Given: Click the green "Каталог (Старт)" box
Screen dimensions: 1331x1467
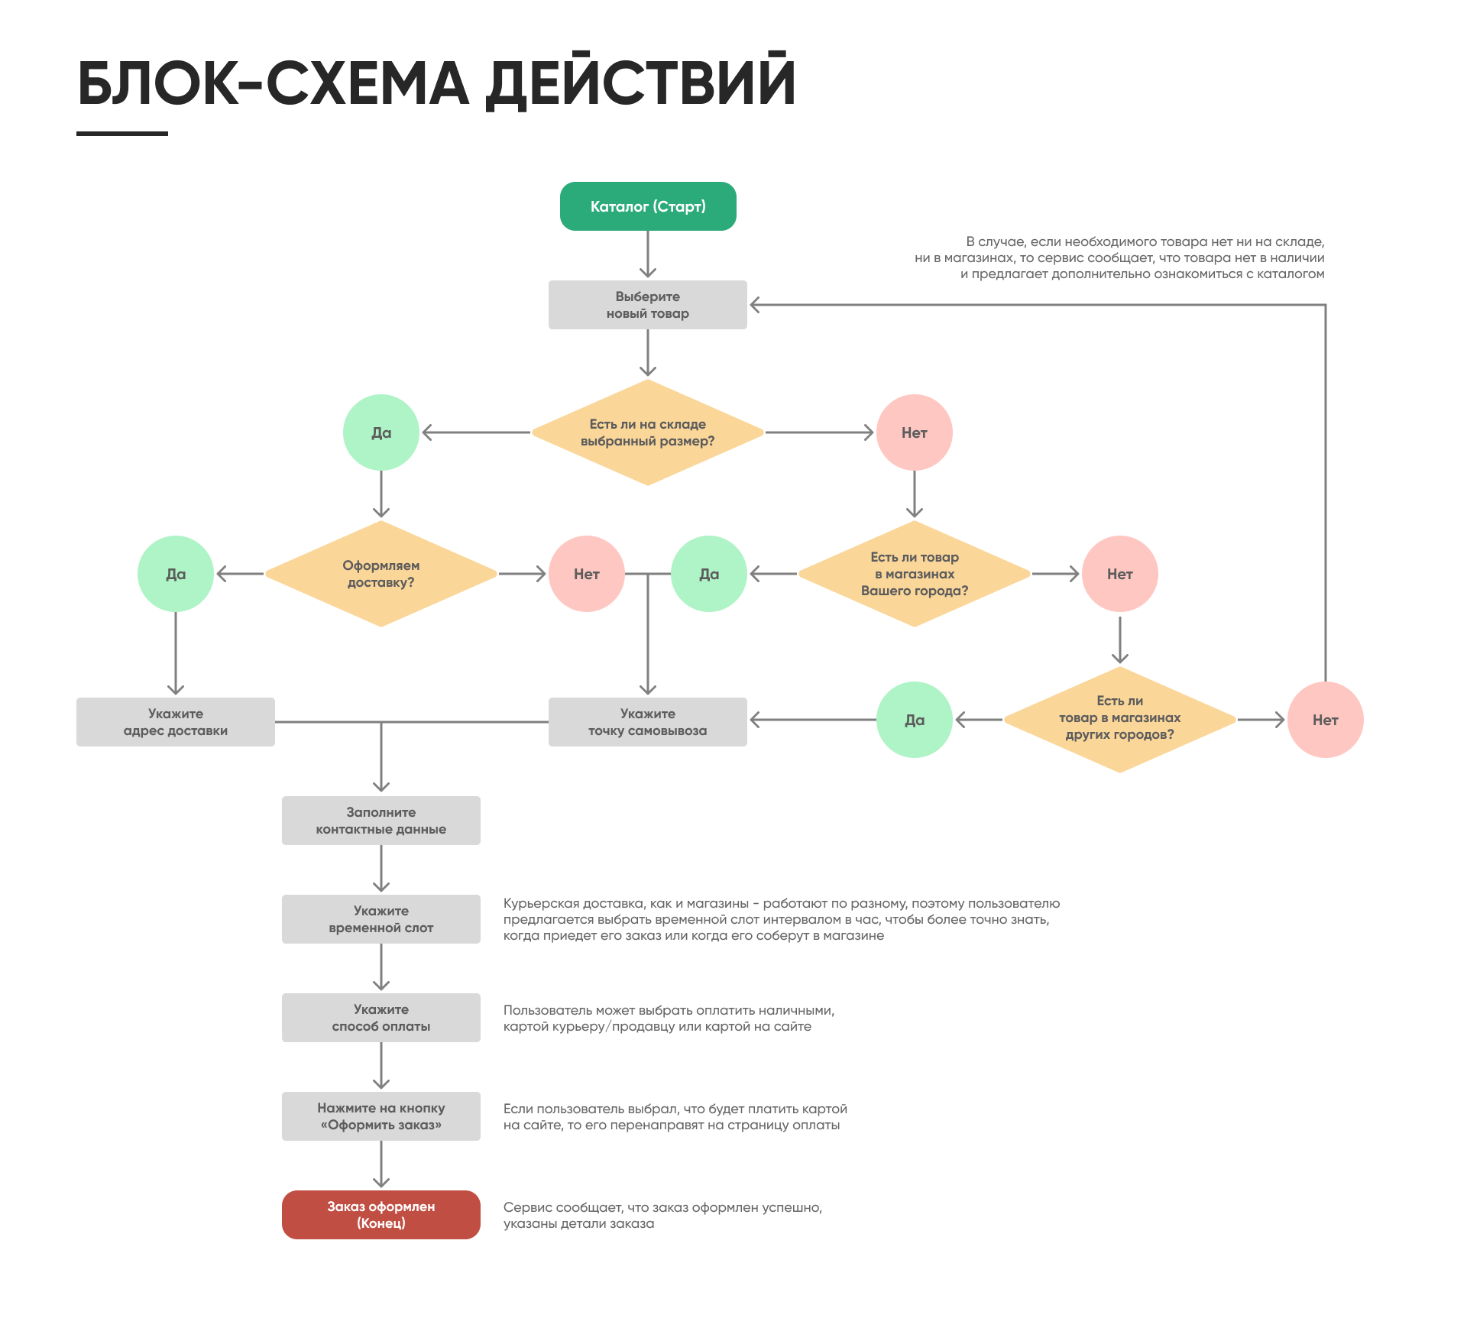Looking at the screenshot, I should pyautogui.click(x=648, y=206).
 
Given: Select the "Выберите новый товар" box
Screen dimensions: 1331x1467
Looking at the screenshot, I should pyautogui.click(x=648, y=305).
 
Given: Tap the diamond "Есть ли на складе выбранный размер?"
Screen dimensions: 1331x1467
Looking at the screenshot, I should pyautogui.click(x=648, y=432).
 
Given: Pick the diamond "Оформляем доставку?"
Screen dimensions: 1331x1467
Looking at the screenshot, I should pyautogui.click(x=381, y=574).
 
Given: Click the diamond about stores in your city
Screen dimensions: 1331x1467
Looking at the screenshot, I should pyautogui.click(x=915, y=574).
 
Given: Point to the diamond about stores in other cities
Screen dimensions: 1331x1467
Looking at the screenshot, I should pyautogui.click(x=1119, y=719).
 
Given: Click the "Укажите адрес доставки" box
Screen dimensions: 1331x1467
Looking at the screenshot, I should pyautogui.click(x=176, y=722).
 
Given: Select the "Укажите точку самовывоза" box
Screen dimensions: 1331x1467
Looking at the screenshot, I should pyautogui.click(x=648, y=722).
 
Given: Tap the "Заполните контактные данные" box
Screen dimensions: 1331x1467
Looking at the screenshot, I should pyautogui.click(x=381, y=821).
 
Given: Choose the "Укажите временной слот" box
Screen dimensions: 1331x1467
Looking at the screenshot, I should pyautogui.click(x=381, y=919).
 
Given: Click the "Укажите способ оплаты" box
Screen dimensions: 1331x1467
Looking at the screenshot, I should pyautogui.click(x=381, y=1018).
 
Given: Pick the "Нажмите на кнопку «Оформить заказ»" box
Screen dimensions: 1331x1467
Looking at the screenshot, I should pyautogui.click(x=381, y=1116).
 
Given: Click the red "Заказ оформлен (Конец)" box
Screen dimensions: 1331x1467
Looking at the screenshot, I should pyautogui.click(x=381, y=1215).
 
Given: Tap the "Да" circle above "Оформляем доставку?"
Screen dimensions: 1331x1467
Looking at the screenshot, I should pyautogui.click(x=381, y=432).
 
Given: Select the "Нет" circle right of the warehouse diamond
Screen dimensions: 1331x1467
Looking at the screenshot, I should pyautogui.click(x=915, y=432).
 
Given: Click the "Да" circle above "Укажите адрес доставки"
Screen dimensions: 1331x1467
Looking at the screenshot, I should pyautogui.click(x=176, y=574).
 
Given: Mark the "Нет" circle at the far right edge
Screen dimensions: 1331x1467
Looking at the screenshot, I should pyautogui.click(x=1326, y=720).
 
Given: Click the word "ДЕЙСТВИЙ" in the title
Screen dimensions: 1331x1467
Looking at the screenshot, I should pyautogui.click(x=642, y=83).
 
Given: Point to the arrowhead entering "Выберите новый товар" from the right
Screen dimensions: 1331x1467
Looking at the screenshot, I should pyautogui.click(x=754, y=305).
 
